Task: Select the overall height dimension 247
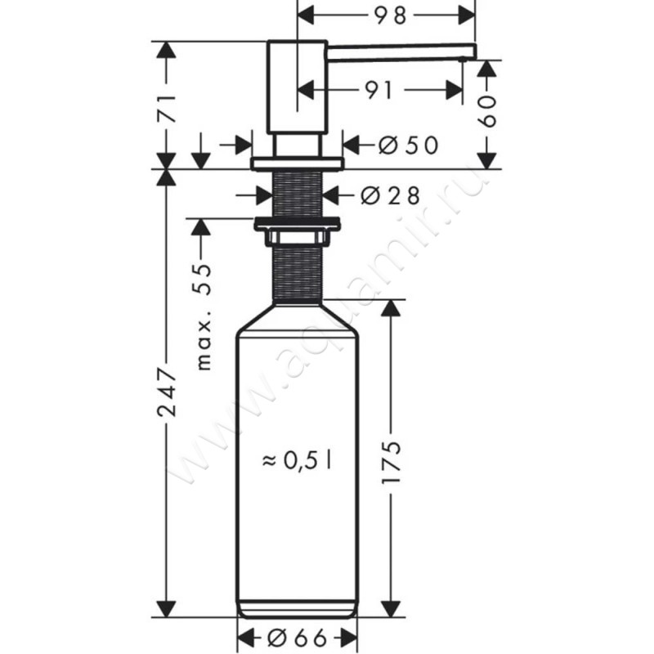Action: point(167,393)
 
